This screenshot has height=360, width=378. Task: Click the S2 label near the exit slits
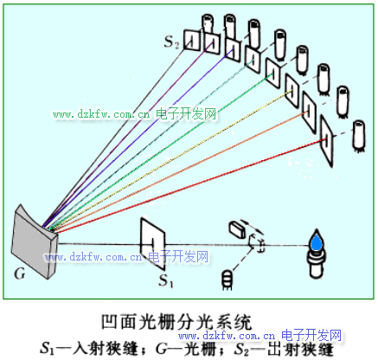172,42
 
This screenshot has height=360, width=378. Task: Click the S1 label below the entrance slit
166,280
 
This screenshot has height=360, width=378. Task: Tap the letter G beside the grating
20,273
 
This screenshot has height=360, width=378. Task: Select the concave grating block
34,242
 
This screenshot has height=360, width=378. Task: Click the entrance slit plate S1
152,244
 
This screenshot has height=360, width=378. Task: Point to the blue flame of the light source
317,241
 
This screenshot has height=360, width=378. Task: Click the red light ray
190,186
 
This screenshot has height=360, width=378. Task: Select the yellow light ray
170,161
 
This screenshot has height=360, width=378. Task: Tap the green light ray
161,152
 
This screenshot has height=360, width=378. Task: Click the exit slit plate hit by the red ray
327,141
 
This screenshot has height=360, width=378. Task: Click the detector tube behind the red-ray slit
359,135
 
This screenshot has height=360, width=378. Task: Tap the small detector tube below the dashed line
227,279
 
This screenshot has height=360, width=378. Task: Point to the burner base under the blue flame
317,264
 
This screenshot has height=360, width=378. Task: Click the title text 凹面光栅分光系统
176,323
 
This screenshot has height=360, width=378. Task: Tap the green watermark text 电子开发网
186,114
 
